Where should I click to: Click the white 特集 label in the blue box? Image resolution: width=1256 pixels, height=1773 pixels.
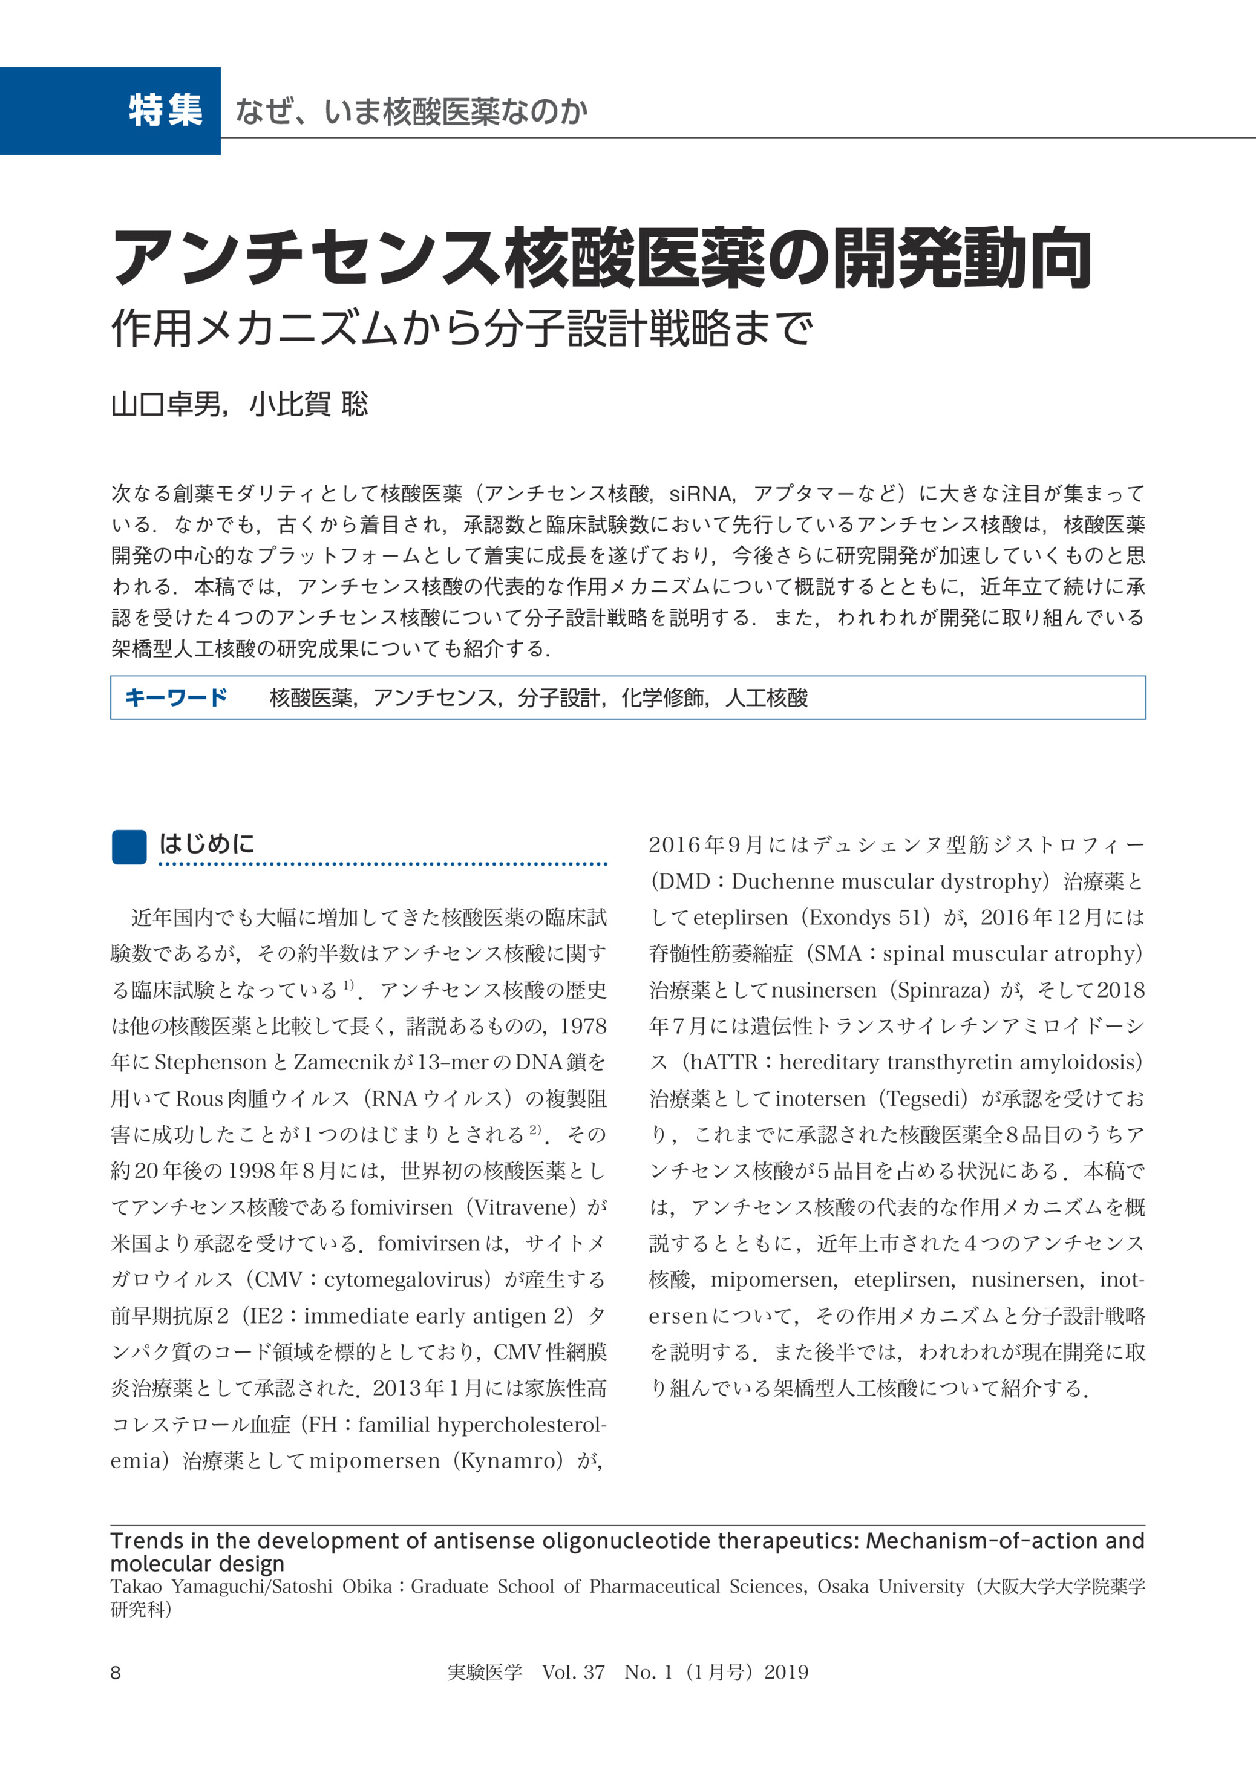[166, 111]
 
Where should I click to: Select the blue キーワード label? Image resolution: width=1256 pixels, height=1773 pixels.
[175, 697]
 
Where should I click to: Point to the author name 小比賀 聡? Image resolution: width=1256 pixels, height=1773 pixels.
[309, 403]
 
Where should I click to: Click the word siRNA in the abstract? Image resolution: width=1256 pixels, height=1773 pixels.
[701, 494]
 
